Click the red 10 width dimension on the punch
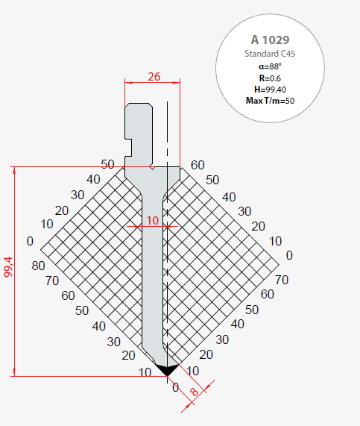pyautogui.click(x=152, y=221)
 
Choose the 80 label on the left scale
pyautogui.click(x=38, y=266)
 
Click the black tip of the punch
pyautogui.click(x=166, y=369)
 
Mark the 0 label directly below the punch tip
pyautogui.click(x=176, y=387)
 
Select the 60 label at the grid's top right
pyautogui.click(x=198, y=165)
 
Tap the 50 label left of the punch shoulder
pyautogui.click(x=108, y=164)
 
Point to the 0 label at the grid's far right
pyautogui.click(x=289, y=255)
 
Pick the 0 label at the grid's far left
pyautogui.click(x=30, y=241)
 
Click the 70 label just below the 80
pyautogui.click(x=52, y=281)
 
